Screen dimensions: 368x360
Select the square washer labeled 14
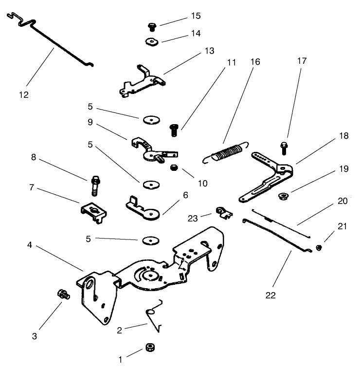tap(153, 41)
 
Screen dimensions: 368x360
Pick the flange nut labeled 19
tap(281, 197)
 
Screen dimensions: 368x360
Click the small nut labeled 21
tap(319, 247)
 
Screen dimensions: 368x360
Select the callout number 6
tap(185, 195)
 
